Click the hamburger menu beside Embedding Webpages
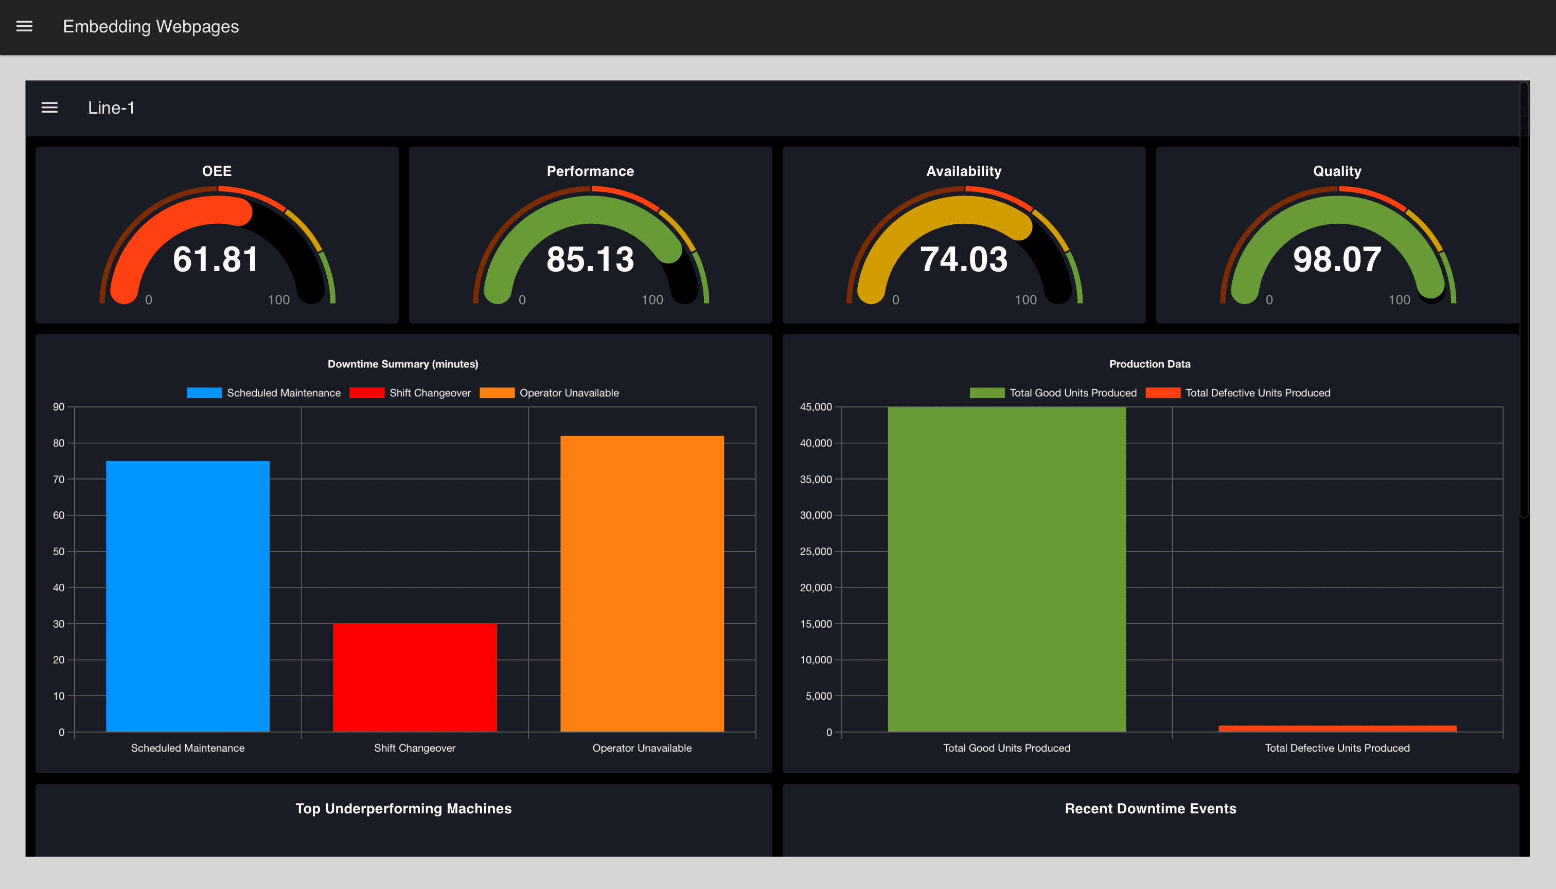(x=24, y=26)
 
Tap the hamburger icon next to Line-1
(x=49, y=108)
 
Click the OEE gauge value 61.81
(x=216, y=259)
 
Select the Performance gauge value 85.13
(x=590, y=259)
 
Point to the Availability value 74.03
(x=964, y=259)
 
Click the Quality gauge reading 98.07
(x=1337, y=259)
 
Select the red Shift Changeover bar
(x=415, y=677)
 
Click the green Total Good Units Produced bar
(x=1006, y=568)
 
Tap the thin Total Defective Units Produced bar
(x=1337, y=728)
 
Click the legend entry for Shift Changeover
(x=411, y=393)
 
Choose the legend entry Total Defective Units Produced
(x=1238, y=393)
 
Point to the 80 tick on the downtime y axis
(x=59, y=443)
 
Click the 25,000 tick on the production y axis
(x=816, y=552)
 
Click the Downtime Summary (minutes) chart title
(x=403, y=364)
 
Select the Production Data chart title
(x=1150, y=364)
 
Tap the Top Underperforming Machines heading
(x=403, y=808)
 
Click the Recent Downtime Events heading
(x=1150, y=808)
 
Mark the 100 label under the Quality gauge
(x=1399, y=300)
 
